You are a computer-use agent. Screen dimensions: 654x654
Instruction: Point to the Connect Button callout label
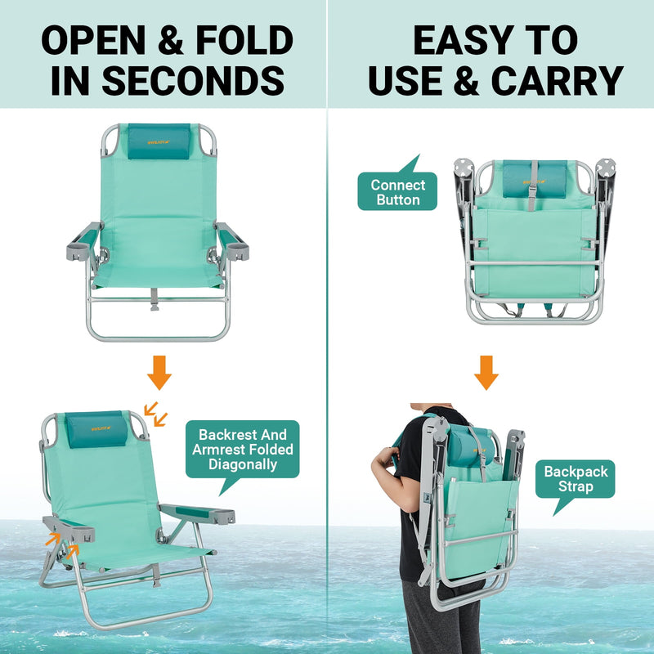click(x=398, y=192)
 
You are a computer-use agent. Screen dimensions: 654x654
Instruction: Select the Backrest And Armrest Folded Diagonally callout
click(x=243, y=449)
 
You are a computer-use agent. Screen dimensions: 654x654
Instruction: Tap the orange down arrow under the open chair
click(x=159, y=374)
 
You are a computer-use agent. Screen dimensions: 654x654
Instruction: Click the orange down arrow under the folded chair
click(x=486, y=372)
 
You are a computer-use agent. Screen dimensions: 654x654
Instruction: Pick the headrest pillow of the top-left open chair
click(x=158, y=142)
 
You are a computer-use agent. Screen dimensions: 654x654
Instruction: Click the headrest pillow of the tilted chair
click(x=96, y=430)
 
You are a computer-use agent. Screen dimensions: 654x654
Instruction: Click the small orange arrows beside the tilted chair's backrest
click(x=155, y=414)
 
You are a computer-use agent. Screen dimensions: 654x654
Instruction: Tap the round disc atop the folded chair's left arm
click(x=464, y=169)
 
